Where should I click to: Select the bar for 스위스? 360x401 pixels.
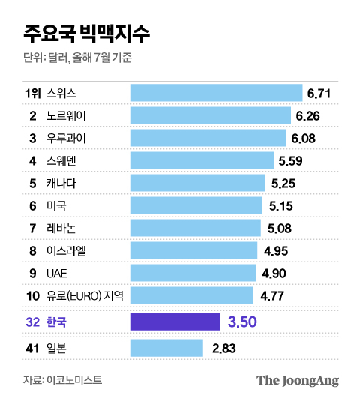(x=217, y=93)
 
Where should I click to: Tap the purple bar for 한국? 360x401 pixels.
(x=175, y=322)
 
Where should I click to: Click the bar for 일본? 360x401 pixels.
(x=166, y=348)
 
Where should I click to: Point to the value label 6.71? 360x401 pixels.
(x=319, y=93)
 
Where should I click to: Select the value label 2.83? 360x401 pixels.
(x=224, y=348)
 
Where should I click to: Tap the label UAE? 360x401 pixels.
(x=57, y=273)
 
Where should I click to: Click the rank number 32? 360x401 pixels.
(x=32, y=322)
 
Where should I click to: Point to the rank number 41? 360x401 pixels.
(x=32, y=348)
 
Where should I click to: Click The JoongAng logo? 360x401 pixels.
(x=297, y=380)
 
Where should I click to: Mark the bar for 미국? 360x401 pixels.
(x=196, y=205)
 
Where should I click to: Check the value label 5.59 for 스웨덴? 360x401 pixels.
(x=290, y=161)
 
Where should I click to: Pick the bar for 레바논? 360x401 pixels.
(x=195, y=228)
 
